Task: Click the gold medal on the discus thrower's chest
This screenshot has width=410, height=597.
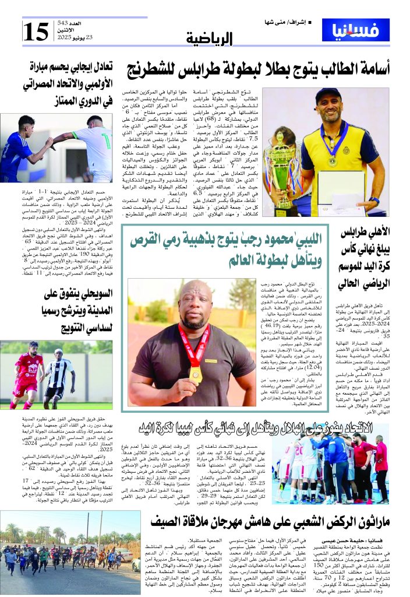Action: click(196, 373)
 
